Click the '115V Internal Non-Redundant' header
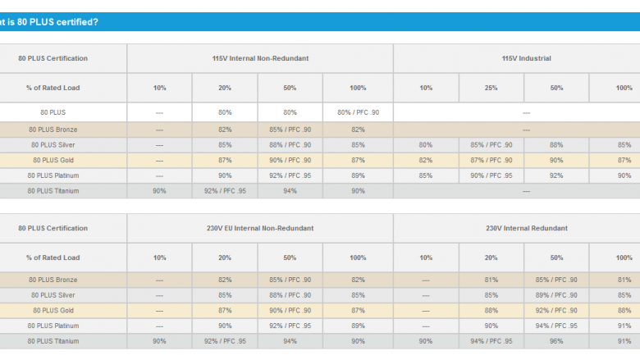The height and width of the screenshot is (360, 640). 260,58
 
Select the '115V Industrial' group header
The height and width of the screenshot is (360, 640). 526,58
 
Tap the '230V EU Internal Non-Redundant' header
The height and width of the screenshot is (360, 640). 260,228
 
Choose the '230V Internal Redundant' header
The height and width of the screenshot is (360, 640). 527,228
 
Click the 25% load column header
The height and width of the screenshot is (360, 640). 491,88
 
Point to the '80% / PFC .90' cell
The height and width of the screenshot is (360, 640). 358,112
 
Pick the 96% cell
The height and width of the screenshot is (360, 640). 556,341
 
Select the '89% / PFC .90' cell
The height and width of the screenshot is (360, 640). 556,295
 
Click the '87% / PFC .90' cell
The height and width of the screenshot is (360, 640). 491,160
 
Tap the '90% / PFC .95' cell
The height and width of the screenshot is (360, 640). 491,175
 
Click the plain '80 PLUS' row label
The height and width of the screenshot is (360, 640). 53,112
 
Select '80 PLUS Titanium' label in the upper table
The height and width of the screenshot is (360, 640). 53,191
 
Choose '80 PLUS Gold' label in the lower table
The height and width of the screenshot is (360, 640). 53,311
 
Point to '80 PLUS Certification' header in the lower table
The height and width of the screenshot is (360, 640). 53,228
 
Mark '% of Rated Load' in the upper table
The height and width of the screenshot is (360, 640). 53,88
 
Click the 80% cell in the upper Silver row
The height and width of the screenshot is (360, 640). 426,144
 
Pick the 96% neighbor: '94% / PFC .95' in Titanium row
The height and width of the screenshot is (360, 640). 491,341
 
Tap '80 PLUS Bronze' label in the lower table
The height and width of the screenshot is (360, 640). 53,280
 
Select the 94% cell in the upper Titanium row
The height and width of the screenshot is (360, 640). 290,191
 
